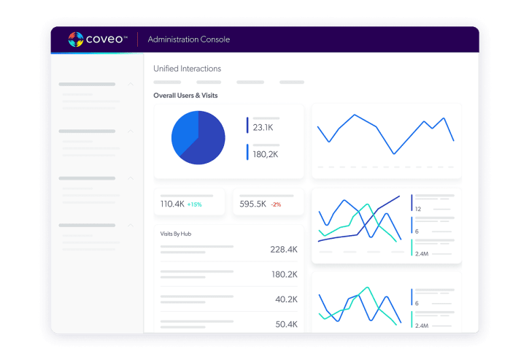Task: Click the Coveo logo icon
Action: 77,39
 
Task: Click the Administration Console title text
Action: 188,39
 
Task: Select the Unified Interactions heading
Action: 187,69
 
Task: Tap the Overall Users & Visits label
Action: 185,96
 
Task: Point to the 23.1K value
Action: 263,128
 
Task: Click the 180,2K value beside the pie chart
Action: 266,154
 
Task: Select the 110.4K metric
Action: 172,204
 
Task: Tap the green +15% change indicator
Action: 194,204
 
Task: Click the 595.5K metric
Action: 252,204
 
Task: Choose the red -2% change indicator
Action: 276,204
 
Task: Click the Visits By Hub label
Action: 176,234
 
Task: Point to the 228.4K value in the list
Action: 283,250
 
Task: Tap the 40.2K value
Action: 285,299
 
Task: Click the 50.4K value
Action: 285,324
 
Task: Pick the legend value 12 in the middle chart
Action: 417,209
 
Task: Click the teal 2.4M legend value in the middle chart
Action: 421,254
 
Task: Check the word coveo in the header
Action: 107,39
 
